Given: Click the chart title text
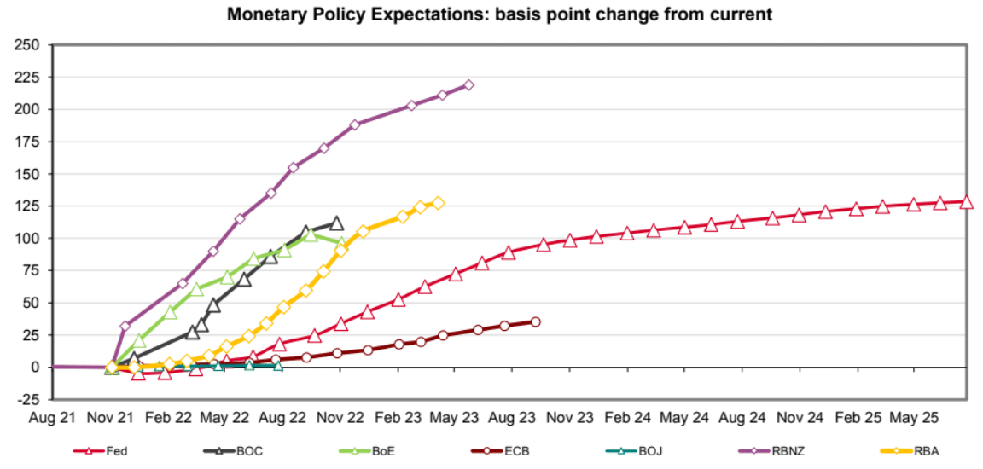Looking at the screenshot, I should coord(499,14).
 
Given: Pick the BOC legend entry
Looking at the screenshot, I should coord(242,451).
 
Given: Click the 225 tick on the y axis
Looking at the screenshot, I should coord(29,77).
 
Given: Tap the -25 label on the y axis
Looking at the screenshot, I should coord(29,399).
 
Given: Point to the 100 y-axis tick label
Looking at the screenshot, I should coord(29,238).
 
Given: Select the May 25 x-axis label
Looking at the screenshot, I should coord(913,419).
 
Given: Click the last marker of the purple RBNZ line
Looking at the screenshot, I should coord(468,85).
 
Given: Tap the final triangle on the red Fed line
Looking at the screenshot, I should coord(967,202).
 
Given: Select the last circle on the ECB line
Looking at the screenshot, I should coord(536,321).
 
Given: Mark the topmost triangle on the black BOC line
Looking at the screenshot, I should coord(336,223).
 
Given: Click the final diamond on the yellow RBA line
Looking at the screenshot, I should coord(439,203).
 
